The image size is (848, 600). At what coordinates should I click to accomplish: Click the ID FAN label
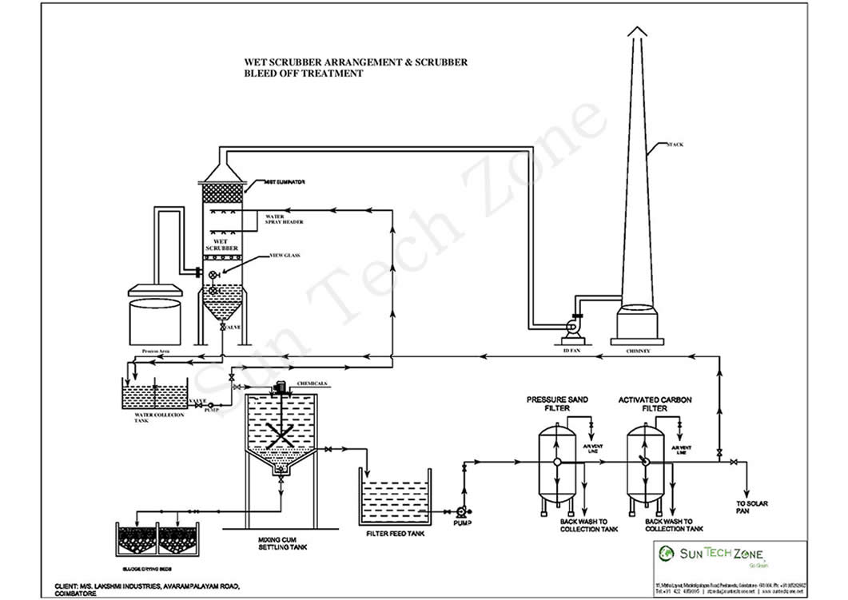tap(570, 349)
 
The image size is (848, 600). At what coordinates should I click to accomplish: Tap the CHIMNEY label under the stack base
tap(636, 349)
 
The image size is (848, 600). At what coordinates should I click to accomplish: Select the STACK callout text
tap(675, 145)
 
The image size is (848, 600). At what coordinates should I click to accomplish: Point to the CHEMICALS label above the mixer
tap(313, 383)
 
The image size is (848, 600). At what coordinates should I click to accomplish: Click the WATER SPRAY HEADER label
tap(284, 219)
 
